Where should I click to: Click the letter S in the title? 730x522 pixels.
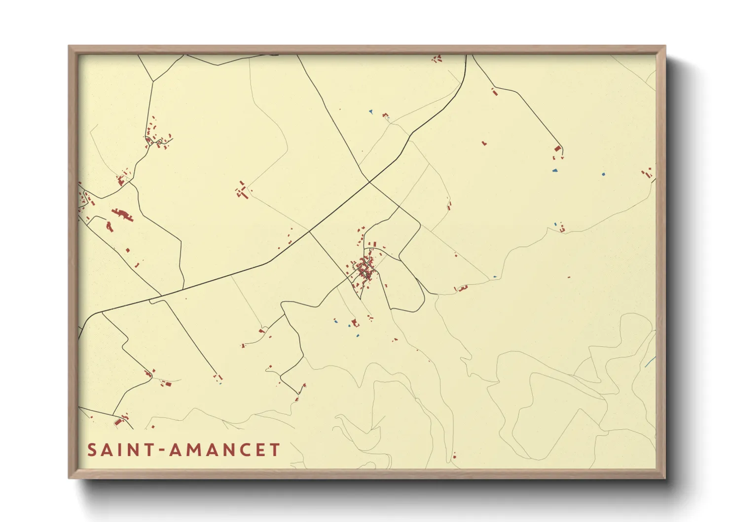pyautogui.click(x=92, y=450)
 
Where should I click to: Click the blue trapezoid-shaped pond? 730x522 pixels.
pyautogui.click(x=555, y=171)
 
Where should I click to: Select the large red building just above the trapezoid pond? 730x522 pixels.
pyautogui.click(x=558, y=149)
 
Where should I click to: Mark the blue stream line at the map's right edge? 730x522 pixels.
pyautogui.click(x=650, y=362)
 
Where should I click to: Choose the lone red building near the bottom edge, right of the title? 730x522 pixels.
pyautogui.click(x=454, y=455)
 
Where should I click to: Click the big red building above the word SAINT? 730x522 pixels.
pyautogui.click(x=118, y=422)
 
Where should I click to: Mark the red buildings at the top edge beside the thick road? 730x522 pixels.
pyautogui.click(x=437, y=59)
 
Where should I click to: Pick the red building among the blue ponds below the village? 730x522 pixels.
pyautogui.click(x=354, y=323)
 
